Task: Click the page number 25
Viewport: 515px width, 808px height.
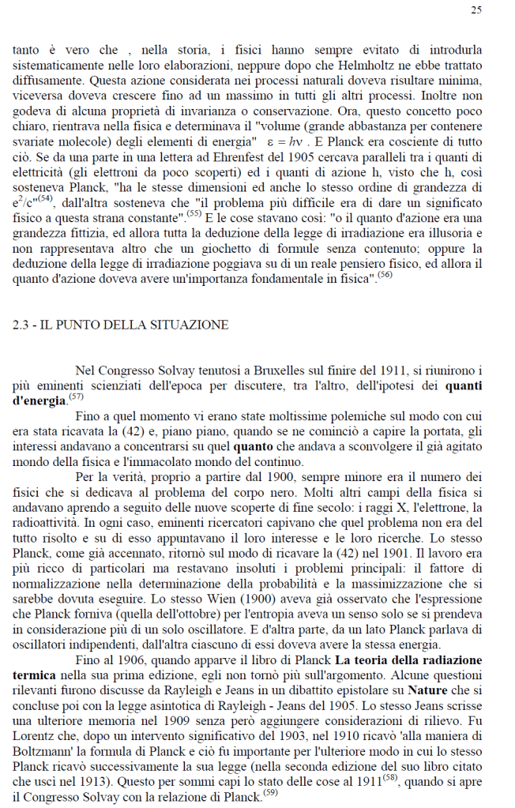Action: (x=476, y=10)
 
